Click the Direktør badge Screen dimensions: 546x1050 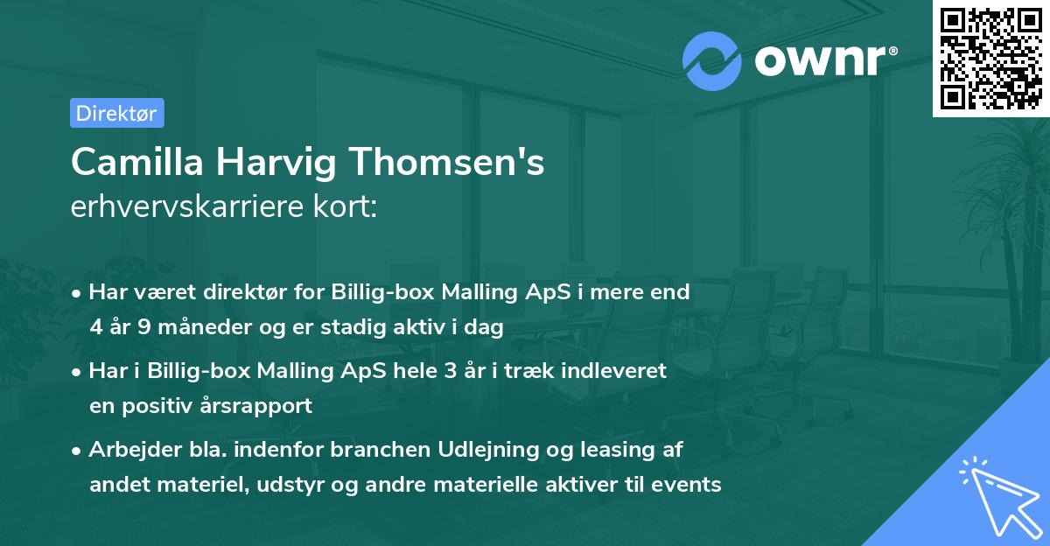[116, 113]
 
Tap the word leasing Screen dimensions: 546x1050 [621, 451]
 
